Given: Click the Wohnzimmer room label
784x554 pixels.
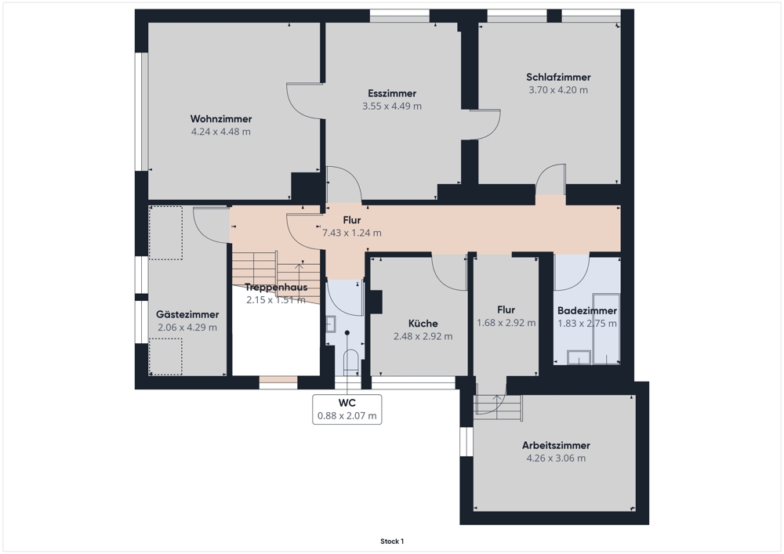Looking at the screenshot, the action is pos(221,119).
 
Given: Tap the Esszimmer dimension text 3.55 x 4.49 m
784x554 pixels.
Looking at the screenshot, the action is pos(392,106).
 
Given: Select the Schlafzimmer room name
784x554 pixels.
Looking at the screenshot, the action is pos(558,77).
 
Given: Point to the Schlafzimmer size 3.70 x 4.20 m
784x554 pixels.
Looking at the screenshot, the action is pos(558,90).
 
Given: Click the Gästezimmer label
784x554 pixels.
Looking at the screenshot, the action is pos(187,314).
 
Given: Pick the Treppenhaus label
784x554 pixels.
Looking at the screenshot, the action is pos(276,288).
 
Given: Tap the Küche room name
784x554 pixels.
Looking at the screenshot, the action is pos(423,323).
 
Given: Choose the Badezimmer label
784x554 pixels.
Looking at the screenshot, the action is pos(587,310).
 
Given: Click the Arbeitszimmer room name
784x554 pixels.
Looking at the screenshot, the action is pos(556,445).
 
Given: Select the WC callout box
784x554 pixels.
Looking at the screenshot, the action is pos(347,409).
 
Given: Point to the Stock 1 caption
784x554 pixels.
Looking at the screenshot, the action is pos(392,541).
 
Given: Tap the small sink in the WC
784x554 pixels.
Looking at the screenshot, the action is pos(331,324).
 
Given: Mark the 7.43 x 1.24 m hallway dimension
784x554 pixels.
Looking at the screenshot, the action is pos(352,233).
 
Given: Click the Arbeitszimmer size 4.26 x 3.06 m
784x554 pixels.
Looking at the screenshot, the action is pos(556,458).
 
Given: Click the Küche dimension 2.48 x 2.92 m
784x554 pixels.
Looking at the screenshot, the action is pos(423,336).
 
